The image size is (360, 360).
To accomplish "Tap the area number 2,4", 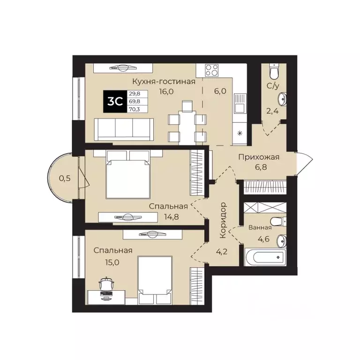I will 273,112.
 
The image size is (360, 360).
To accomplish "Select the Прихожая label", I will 258,157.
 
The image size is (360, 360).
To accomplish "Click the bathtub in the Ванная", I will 265,257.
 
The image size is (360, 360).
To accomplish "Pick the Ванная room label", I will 260,228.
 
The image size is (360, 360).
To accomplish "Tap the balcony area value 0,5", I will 65,178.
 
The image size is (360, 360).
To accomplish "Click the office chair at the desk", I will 107,284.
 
